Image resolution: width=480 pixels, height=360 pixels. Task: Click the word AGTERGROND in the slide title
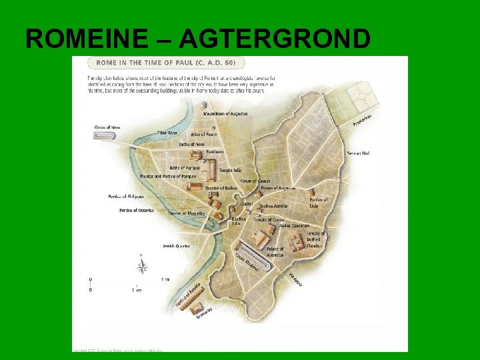coord(275,39)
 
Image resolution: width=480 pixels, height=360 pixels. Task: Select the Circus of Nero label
coord(106,126)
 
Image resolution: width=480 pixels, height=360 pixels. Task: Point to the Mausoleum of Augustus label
coord(225,114)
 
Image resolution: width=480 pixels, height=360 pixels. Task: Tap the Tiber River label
coord(169,133)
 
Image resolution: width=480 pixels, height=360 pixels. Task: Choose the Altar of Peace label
coord(203,134)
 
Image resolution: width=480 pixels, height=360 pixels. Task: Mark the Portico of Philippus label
coord(126,197)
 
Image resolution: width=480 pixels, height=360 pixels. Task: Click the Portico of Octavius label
coord(137,210)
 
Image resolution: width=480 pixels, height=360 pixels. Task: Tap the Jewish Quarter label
coord(176,246)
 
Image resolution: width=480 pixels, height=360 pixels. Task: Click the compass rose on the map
coord(142,266)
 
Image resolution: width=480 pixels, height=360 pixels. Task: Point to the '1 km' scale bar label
coord(137,290)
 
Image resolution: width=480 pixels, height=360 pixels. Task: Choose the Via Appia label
coord(295,279)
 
